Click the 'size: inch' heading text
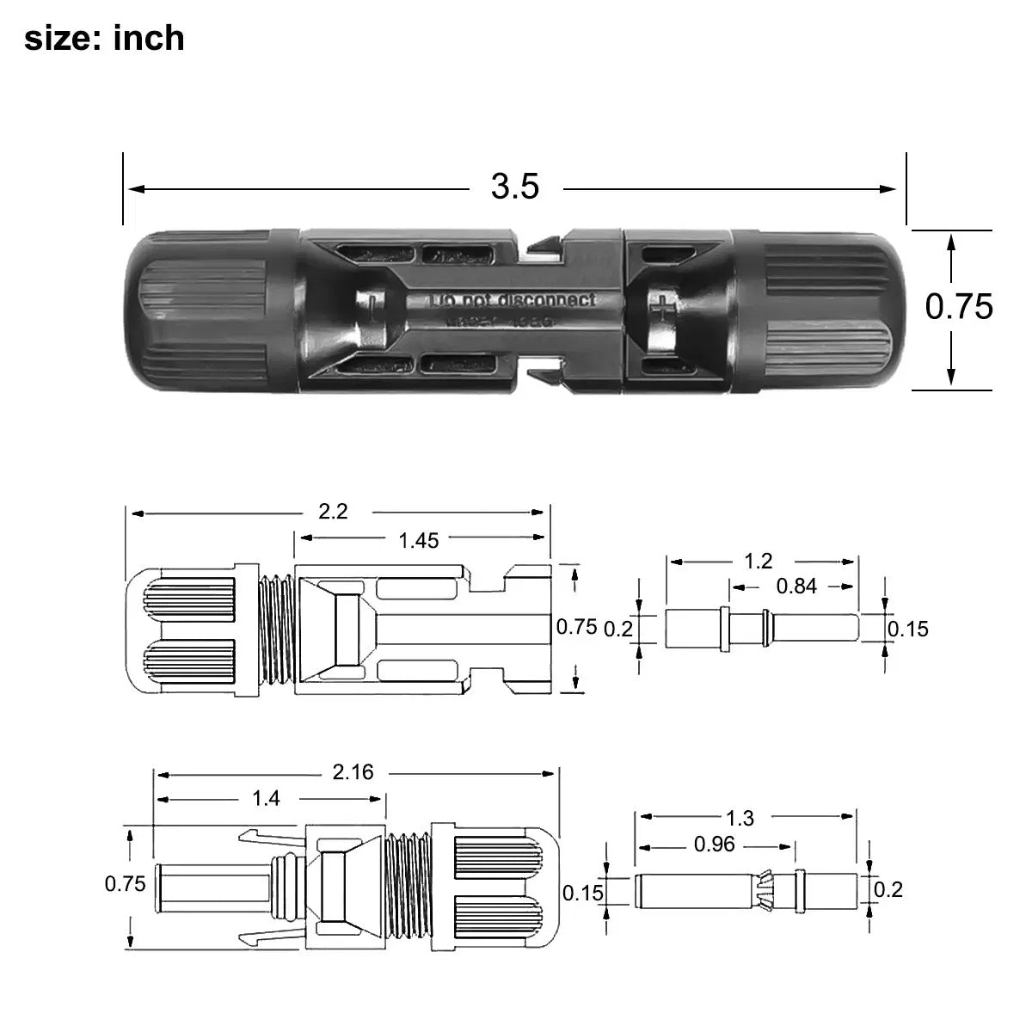coord(104,39)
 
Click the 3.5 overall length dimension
coord(514,186)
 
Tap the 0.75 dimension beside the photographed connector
coord(959,306)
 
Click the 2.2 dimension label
coord(333,511)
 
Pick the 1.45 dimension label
coord(419,540)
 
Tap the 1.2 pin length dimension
coord(758,561)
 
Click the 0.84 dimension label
coord(796,587)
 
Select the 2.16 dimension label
coord(353,771)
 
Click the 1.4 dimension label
coord(267,798)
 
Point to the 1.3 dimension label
coord(740,818)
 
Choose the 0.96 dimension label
coord(715,845)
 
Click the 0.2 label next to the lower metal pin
coord(888,890)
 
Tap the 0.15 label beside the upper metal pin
coord(908,629)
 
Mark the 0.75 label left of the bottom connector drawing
coord(125,883)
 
